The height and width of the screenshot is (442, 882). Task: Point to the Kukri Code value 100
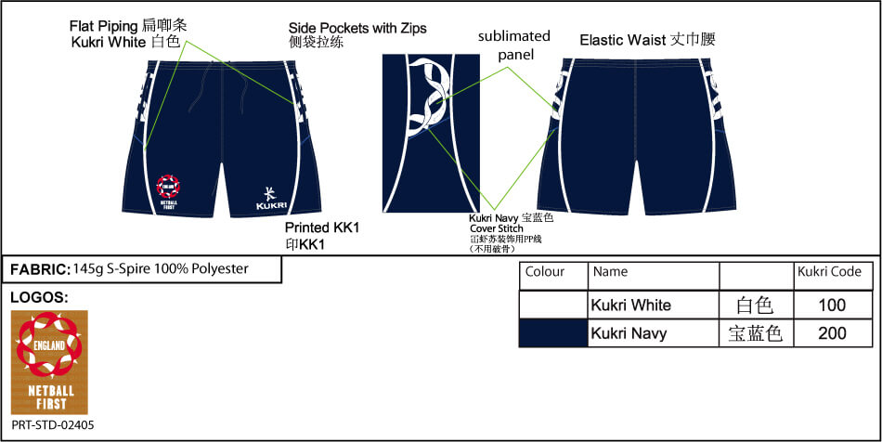tap(833, 305)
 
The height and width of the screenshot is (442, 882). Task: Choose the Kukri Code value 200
tap(833, 332)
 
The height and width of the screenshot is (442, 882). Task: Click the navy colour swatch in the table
tap(552, 333)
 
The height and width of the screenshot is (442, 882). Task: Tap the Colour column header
tap(545, 272)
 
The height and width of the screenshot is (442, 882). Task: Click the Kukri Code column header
tap(829, 272)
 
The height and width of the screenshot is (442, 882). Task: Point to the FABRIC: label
tap(40, 269)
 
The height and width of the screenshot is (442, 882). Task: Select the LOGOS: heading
tap(38, 297)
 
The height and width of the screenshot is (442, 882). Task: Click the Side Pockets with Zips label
tap(357, 28)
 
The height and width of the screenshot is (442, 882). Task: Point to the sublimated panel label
tap(513, 45)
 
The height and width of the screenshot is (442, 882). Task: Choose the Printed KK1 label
tap(321, 228)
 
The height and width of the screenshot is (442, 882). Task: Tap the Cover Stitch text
tap(497, 227)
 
